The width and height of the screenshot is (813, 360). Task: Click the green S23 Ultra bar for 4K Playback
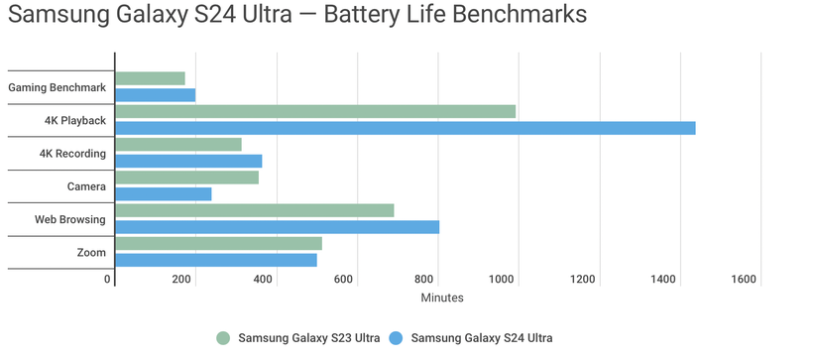point(315,111)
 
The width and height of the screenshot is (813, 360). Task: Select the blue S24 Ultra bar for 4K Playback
point(405,128)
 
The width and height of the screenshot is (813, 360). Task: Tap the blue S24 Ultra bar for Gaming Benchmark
point(155,95)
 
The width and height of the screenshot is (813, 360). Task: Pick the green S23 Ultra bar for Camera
point(186,178)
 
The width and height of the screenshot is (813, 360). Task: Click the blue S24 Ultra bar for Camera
point(164,194)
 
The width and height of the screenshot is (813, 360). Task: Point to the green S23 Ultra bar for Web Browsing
point(255,210)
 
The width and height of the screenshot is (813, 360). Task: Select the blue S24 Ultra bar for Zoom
point(216,260)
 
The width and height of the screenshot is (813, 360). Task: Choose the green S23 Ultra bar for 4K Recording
point(178,145)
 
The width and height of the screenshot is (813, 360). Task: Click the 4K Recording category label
point(72,154)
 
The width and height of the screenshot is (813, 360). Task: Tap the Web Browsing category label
point(70,219)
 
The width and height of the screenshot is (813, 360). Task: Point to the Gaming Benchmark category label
point(57,87)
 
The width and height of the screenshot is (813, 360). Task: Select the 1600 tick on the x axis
point(743,280)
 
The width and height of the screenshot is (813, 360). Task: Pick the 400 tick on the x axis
point(263,280)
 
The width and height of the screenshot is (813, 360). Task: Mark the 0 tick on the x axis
point(108,280)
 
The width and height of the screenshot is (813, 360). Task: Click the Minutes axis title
point(441,298)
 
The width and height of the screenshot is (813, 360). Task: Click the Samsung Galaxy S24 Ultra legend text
point(482,338)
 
